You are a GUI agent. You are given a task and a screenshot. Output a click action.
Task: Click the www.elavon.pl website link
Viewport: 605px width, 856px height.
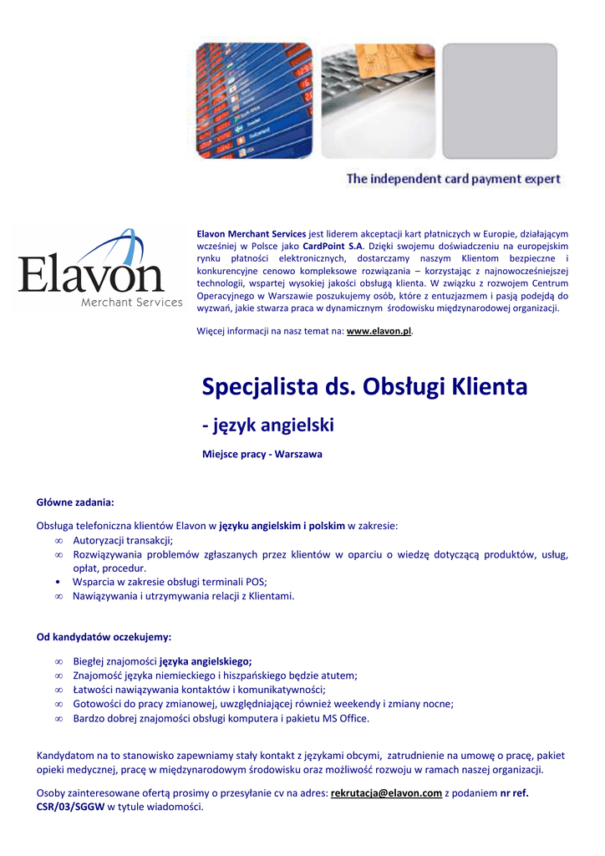point(379,331)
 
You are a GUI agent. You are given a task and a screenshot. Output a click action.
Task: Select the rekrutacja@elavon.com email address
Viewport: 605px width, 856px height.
point(386,792)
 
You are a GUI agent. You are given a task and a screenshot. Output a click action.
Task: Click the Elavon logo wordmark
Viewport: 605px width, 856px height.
point(91,271)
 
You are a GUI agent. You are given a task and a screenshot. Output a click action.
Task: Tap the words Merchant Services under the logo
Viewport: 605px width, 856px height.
point(131,302)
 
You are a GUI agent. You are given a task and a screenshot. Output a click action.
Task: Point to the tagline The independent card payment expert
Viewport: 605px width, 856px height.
point(453,179)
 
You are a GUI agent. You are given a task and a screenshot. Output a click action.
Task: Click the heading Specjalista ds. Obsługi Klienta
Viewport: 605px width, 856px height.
point(364,387)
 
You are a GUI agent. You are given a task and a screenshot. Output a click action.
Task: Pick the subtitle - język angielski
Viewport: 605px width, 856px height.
point(268,425)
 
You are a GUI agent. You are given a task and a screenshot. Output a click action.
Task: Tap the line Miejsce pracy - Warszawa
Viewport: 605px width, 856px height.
point(262,454)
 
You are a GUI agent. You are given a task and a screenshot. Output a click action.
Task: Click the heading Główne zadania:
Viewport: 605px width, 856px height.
point(75,502)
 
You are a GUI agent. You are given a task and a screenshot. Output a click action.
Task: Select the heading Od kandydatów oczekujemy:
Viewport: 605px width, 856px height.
point(104,637)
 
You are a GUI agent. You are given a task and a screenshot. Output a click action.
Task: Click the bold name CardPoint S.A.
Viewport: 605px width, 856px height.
point(333,247)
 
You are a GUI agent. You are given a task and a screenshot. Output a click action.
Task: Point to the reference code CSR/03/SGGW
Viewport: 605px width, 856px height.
point(70,807)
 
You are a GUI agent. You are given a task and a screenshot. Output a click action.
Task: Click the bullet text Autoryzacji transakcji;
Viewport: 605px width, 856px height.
point(123,540)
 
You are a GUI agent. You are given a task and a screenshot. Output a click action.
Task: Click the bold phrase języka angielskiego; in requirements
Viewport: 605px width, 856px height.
point(206,661)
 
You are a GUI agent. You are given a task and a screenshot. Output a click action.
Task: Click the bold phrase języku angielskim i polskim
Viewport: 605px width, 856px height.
point(282,526)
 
